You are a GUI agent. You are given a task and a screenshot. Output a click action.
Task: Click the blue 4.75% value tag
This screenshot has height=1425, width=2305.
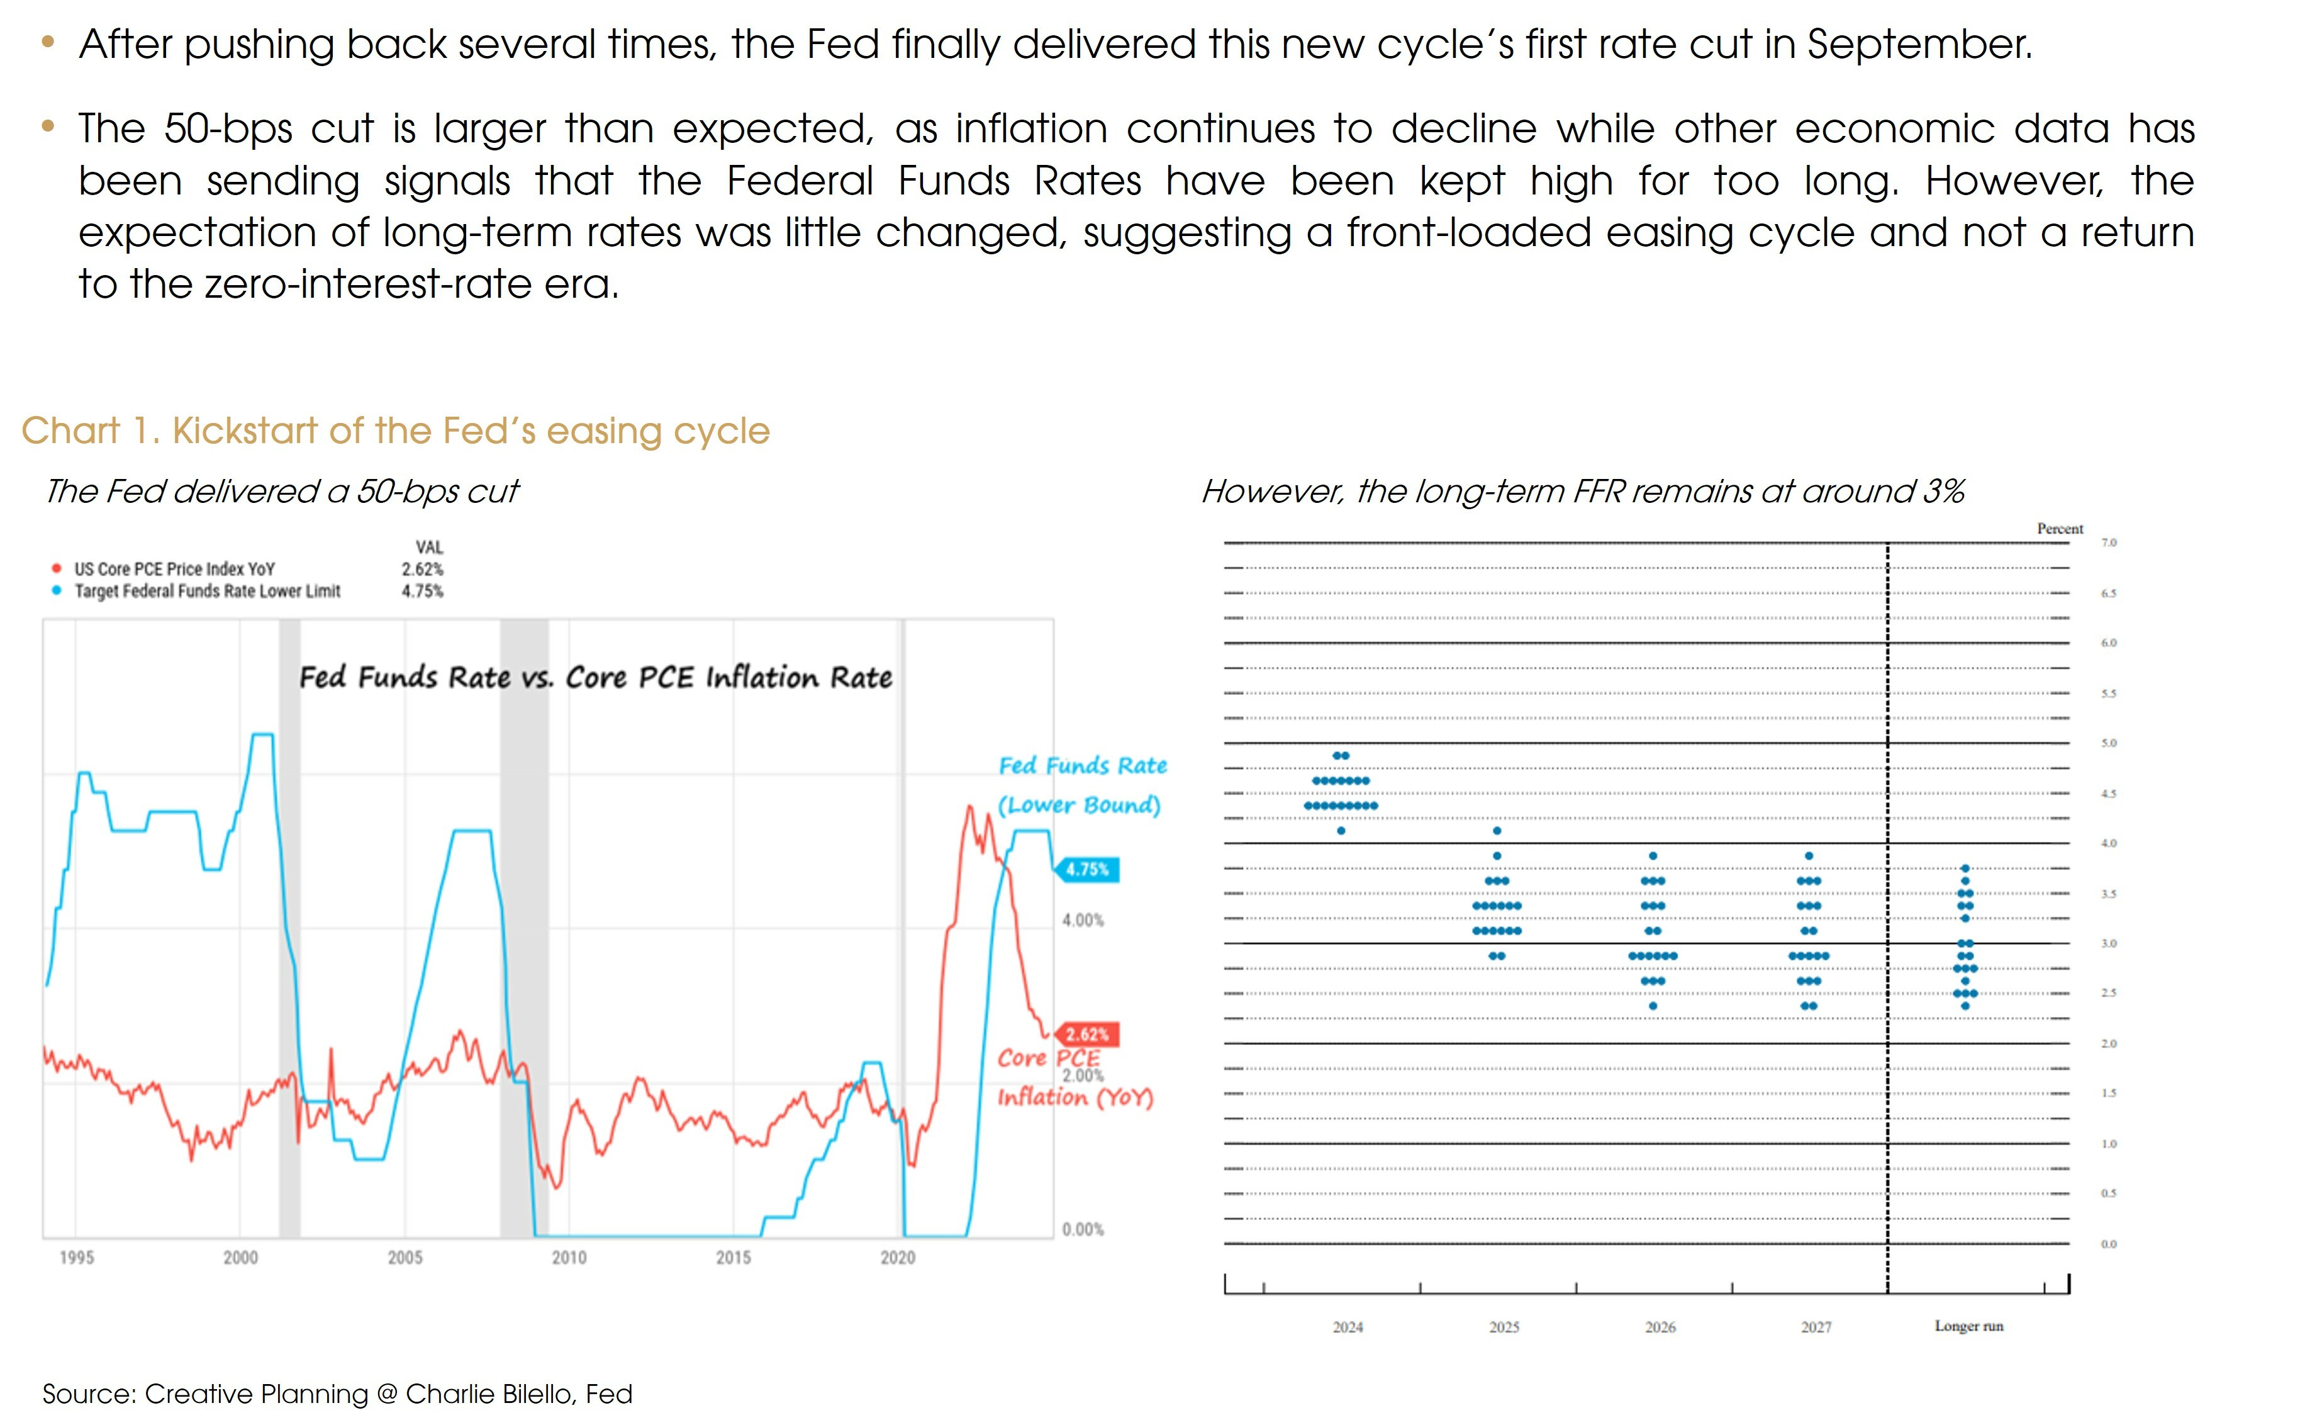tap(1088, 869)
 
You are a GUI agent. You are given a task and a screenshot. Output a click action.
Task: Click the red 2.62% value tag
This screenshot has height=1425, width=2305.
tap(1087, 1034)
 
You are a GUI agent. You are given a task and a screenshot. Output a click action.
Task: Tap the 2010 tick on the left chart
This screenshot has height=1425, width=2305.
tap(568, 1257)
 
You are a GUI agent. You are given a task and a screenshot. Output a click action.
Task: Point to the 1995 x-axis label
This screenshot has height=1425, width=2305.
tap(76, 1257)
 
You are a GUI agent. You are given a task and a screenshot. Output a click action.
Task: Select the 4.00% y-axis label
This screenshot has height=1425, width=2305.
tap(1082, 920)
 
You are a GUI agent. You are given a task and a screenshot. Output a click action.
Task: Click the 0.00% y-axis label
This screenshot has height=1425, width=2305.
tap(1082, 1229)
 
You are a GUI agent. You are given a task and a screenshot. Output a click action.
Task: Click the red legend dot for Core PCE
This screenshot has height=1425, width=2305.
tap(57, 569)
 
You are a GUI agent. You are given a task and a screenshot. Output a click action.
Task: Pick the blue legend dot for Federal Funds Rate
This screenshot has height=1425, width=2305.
tap(57, 591)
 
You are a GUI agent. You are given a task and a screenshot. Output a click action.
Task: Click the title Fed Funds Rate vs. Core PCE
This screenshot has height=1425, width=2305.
tap(595, 678)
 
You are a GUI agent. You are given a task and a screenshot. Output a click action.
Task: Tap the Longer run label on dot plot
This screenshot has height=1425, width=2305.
tap(1968, 1326)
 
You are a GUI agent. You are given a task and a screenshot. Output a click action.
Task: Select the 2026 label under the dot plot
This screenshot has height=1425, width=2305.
tap(1660, 1327)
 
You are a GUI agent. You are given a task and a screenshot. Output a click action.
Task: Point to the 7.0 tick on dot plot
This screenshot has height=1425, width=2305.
tap(2108, 543)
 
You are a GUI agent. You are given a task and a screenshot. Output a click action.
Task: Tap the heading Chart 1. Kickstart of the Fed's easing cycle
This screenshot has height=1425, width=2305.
tap(396, 431)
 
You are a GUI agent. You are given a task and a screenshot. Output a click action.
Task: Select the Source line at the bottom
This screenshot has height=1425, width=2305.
tap(337, 1394)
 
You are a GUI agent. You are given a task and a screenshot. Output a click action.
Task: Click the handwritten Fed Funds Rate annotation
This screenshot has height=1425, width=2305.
tap(1082, 765)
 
